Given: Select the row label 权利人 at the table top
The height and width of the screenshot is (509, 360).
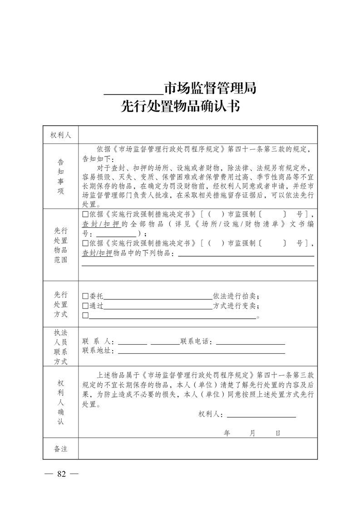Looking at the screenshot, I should click(x=60, y=135).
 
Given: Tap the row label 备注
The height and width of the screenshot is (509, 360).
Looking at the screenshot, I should click(x=60, y=449).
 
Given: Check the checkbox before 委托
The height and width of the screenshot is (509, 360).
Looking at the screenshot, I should click(x=85, y=296).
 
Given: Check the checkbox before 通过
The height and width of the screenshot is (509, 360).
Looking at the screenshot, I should click(x=85, y=306).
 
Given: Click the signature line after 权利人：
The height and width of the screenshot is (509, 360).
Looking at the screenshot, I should click(x=261, y=415).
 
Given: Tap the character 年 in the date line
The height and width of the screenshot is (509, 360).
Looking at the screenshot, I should click(x=227, y=433).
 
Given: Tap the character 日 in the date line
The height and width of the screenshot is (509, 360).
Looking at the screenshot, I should click(x=277, y=433).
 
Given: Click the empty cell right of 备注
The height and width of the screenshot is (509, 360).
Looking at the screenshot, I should click(x=197, y=449).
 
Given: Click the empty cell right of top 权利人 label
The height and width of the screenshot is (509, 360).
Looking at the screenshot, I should click(x=197, y=135).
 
